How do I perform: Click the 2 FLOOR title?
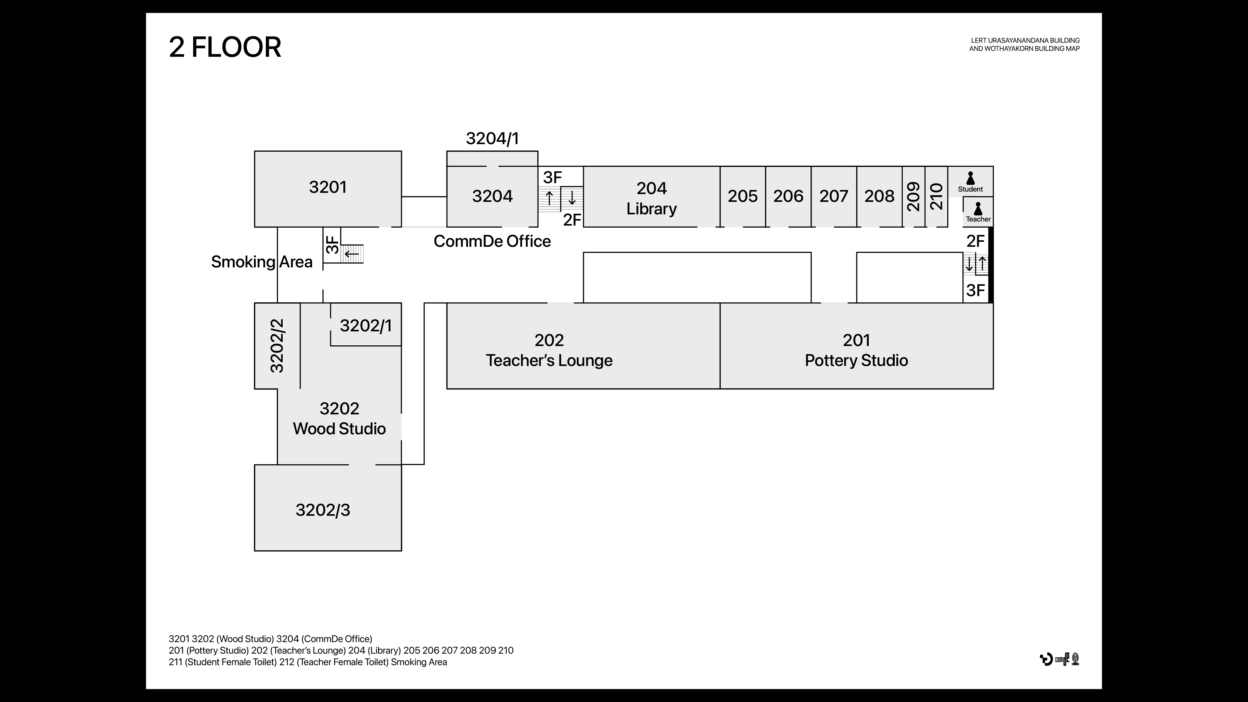(x=225, y=47)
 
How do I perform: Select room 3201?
(x=328, y=188)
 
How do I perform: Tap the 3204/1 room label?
(x=492, y=139)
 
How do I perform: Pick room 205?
(x=742, y=196)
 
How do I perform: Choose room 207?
(x=833, y=196)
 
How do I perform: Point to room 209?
(x=913, y=196)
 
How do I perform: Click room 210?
(x=937, y=196)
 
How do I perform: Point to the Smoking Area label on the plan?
(x=262, y=262)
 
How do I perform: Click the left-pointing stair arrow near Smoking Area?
(x=351, y=253)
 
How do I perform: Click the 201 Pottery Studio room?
(x=856, y=350)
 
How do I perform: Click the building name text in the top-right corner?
(x=1024, y=45)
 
